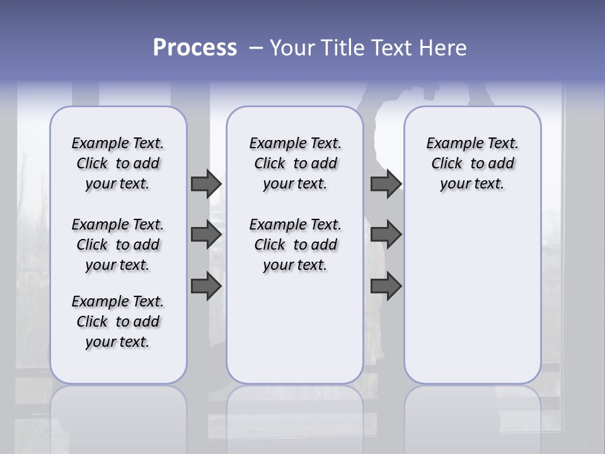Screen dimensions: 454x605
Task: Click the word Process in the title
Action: pos(195,48)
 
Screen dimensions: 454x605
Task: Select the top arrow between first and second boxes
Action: pos(206,183)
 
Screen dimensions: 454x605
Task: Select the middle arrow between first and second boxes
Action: pos(206,235)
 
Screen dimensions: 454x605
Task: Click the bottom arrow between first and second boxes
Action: pos(206,287)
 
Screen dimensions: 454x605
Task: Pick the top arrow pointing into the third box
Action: pos(386,183)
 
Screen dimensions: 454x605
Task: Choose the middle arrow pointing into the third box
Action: pos(386,235)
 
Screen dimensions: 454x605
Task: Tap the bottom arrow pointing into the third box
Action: pos(386,287)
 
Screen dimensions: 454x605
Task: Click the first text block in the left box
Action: pos(118,163)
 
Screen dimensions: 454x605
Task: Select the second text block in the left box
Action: pos(118,245)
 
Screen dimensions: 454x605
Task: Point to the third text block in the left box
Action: pos(118,322)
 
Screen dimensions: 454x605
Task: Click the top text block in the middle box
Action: pos(296,163)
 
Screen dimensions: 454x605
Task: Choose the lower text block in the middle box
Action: pos(296,245)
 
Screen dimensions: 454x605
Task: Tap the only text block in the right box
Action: pos(473,163)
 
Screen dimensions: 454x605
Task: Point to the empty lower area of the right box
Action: pos(473,296)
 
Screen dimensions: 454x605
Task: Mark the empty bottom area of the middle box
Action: pos(296,334)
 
